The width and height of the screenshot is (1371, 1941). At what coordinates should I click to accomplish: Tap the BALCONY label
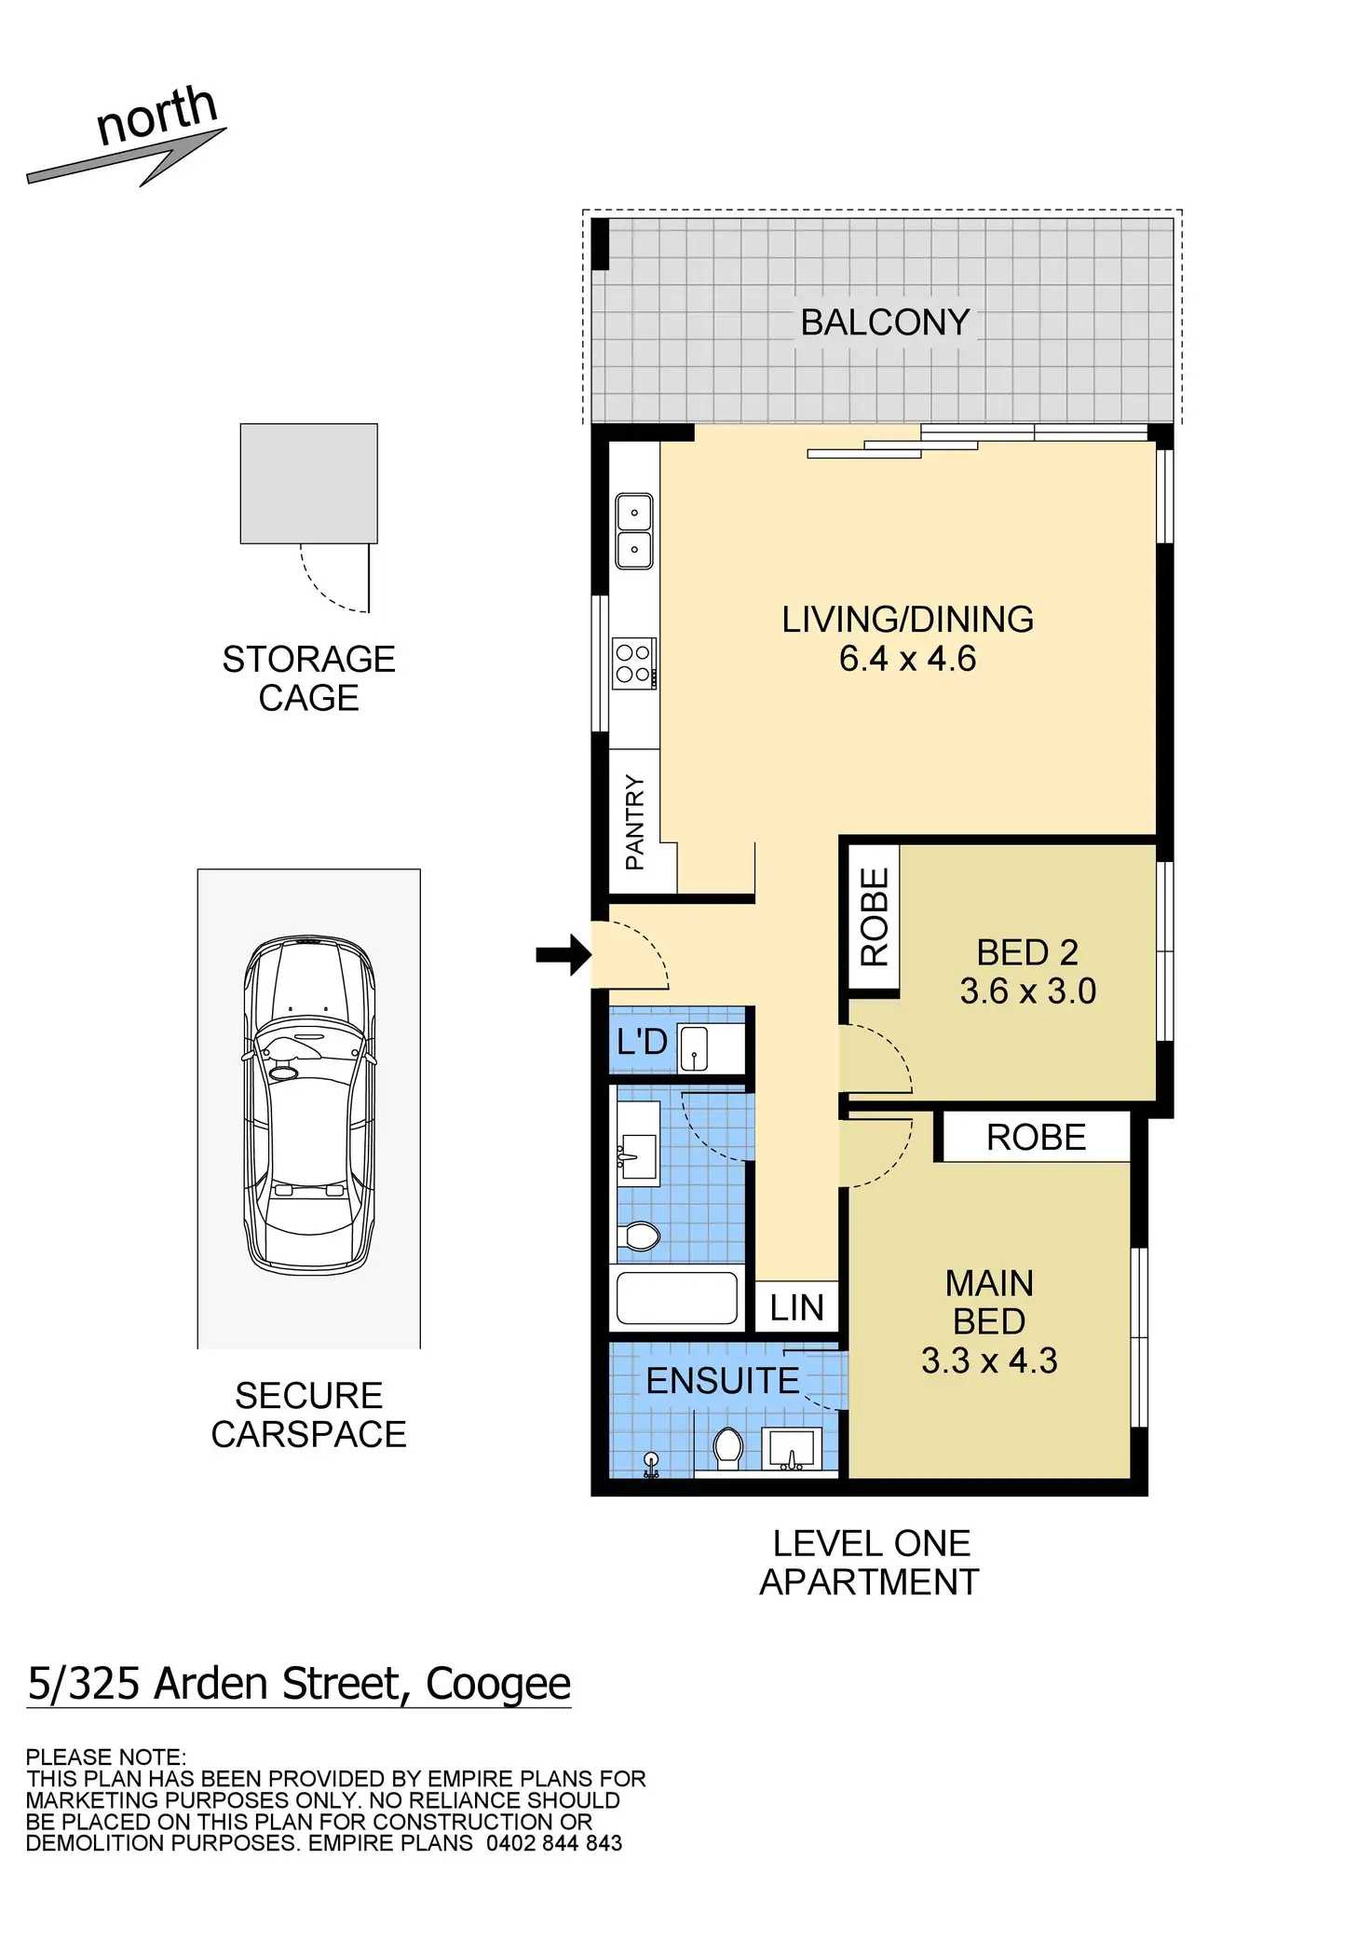885,322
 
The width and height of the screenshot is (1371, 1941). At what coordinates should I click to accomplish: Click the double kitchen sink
634,531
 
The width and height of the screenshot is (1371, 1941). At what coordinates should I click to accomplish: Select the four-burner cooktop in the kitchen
634,663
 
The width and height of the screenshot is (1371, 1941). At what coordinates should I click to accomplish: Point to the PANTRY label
635,822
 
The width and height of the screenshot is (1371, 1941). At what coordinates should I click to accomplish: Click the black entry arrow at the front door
564,954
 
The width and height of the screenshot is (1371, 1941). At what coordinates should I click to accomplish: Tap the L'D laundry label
642,1042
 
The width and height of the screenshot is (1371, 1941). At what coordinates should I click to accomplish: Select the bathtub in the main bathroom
677,1298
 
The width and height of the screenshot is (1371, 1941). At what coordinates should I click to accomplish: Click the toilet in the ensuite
728,1446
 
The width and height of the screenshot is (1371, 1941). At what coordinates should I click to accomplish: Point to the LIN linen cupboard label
796,1308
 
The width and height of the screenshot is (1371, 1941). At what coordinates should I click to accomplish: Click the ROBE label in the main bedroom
1036,1137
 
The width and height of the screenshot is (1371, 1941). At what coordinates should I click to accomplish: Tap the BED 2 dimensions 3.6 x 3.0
1027,991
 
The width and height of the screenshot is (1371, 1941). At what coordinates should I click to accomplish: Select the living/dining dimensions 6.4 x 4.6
907,659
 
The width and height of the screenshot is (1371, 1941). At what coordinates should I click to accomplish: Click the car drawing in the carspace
309,1106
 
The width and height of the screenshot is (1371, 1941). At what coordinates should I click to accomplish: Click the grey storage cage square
309,483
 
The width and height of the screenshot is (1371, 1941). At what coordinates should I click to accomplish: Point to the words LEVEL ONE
871,1543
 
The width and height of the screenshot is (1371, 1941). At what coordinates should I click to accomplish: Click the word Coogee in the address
497,1683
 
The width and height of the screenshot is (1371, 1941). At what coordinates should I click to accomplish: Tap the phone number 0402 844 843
554,1843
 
